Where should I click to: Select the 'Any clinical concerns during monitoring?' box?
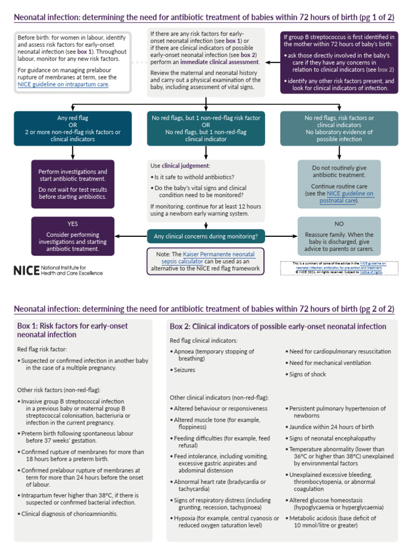205,236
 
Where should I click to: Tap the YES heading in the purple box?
72,223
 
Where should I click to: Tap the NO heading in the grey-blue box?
339,223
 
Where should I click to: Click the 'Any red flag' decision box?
72,128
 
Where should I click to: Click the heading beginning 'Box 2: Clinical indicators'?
278,326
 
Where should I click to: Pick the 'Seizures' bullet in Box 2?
184,370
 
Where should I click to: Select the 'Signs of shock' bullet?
307,374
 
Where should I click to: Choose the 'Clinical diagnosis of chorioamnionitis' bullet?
69,513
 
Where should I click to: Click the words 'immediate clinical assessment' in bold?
215,62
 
